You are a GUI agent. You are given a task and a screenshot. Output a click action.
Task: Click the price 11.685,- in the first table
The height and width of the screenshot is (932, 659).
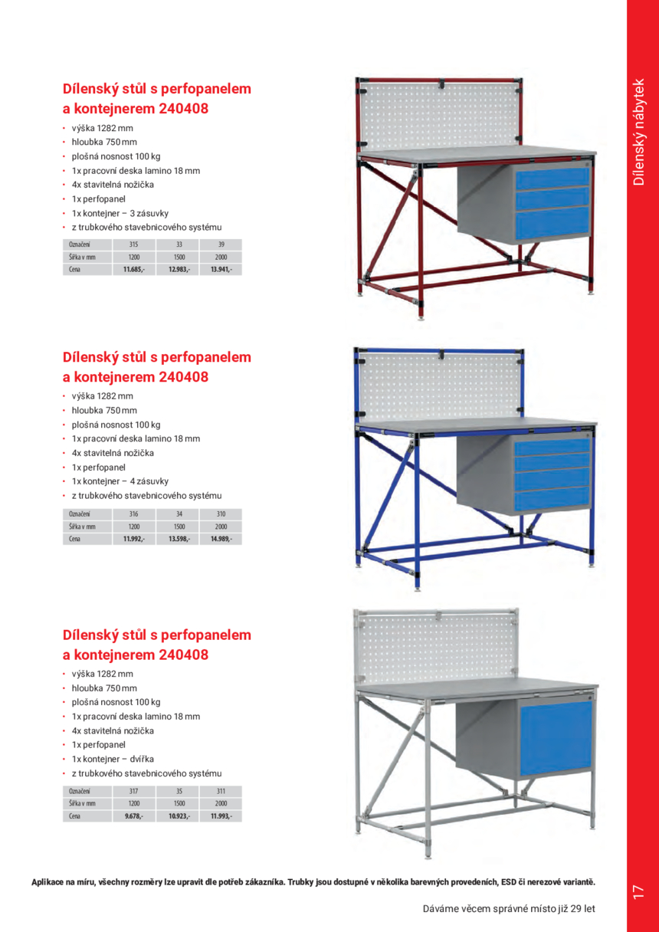click(x=133, y=270)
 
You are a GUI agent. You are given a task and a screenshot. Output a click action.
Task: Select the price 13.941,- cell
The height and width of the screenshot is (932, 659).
click(x=221, y=270)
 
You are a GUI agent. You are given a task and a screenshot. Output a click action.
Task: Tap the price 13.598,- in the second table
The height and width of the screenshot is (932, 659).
click(x=179, y=540)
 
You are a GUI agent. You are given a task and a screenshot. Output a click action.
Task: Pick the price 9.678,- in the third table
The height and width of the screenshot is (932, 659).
click(x=133, y=817)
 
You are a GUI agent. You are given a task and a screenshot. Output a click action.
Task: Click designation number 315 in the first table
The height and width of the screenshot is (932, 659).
click(x=133, y=244)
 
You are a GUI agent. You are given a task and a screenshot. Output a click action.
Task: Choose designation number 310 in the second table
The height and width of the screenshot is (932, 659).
click(x=221, y=514)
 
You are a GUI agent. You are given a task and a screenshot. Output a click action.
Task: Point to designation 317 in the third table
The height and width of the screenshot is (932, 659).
click(x=133, y=791)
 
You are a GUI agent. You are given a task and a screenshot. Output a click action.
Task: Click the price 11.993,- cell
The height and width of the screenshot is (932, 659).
click(x=221, y=817)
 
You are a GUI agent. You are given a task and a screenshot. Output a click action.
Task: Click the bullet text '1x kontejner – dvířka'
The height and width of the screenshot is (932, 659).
click(x=115, y=759)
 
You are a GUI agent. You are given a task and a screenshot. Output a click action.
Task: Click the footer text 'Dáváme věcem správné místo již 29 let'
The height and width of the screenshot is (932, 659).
click(x=509, y=910)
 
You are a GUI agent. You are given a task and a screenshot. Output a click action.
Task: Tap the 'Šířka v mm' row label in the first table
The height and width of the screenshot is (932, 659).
click(x=82, y=257)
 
